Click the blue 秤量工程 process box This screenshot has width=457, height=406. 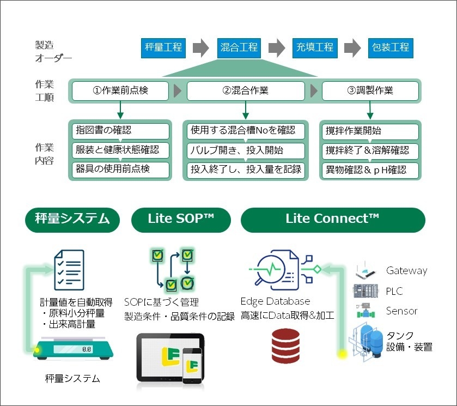coord(163,47)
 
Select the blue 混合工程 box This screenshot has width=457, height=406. coord(239,47)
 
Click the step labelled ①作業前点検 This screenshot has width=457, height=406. coord(120,91)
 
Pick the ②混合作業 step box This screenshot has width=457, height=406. coord(245,91)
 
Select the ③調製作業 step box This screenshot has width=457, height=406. coord(370,91)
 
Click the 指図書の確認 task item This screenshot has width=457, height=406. coord(120,131)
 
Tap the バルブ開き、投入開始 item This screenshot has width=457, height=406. coord(245,150)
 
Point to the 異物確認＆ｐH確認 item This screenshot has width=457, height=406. coord(370,169)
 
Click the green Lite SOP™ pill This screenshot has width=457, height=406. coord(181,219)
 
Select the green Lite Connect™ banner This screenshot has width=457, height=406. coord(332,219)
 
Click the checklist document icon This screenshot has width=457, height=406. coord(69,269)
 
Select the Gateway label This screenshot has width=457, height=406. coord(406,271)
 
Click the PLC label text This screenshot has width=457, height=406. coord(394,292)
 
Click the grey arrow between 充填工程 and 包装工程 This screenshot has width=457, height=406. coord(352,47)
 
